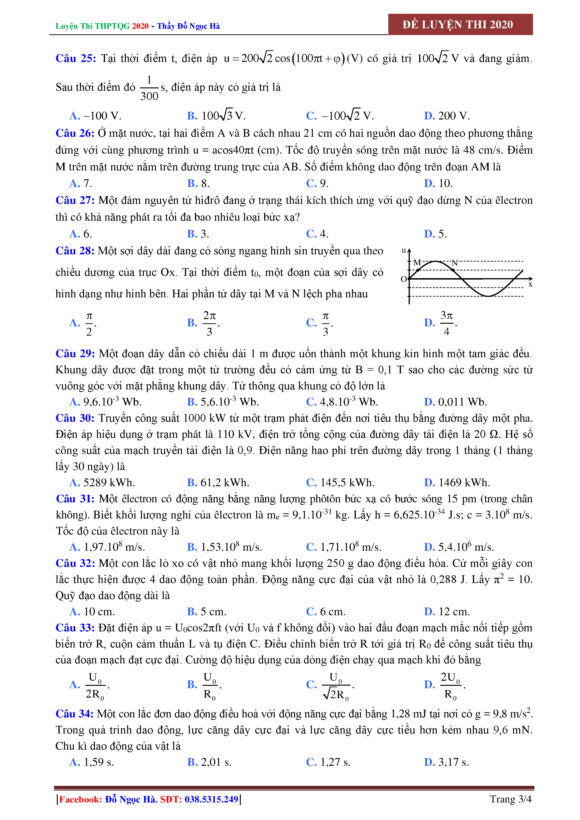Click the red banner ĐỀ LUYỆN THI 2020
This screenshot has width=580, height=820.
pos(460,24)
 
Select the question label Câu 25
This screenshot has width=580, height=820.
pos(76,58)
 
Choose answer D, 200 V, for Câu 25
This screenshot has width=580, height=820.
pos(447,116)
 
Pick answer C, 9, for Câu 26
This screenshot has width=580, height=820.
pos(317,183)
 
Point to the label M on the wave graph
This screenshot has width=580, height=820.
pos(417,263)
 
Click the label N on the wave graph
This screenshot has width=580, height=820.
pos(455,263)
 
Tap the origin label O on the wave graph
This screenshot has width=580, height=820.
pos(403,279)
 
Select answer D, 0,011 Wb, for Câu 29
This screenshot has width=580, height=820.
pos(455,402)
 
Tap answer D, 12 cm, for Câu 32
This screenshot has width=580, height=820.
pos(447,611)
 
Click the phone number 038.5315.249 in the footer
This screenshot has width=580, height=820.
pos(211,799)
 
